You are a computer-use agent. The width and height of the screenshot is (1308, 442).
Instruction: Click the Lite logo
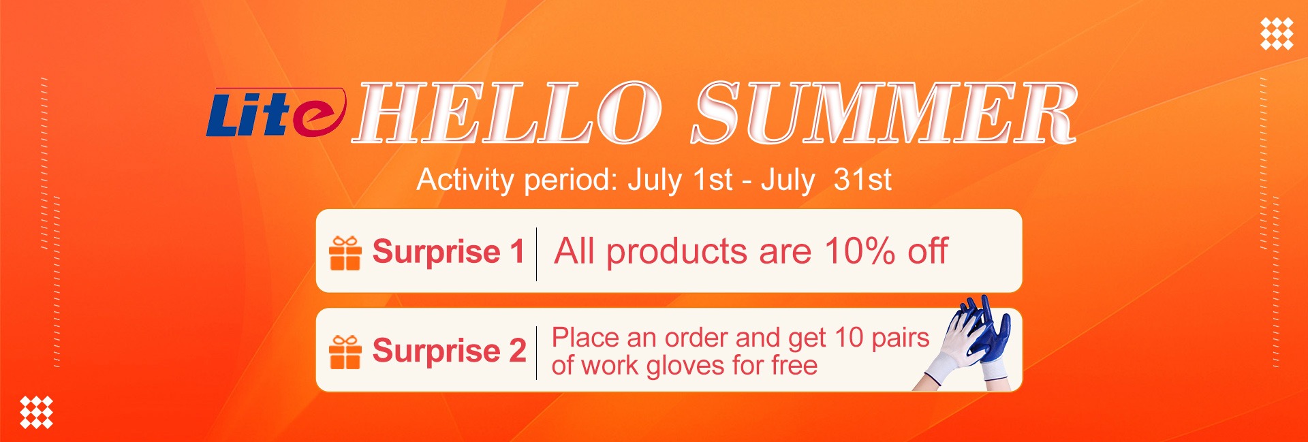coord(276,112)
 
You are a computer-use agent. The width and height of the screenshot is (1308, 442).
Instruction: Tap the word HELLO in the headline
coord(508,112)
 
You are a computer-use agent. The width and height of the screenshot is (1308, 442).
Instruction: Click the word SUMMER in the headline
coord(884,112)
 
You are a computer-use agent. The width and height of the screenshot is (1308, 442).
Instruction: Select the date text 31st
coord(862,180)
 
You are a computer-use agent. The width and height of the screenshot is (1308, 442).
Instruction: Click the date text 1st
coord(713,180)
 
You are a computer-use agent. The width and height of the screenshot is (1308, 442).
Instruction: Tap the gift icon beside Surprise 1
coord(345,253)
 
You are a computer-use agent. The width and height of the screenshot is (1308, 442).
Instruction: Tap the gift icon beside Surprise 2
coord(345,351)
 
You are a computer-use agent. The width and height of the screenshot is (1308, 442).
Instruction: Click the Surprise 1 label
coord(448,251)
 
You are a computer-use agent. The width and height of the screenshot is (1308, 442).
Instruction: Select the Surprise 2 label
coord(449,351)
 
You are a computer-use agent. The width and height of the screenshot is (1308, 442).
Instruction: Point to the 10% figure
coord(860,251)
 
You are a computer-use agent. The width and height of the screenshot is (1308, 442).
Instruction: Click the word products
coord(677,252)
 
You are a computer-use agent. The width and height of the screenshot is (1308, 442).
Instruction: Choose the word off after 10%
coord(927,251)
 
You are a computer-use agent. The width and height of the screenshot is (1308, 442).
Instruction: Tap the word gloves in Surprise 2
coord(685,366)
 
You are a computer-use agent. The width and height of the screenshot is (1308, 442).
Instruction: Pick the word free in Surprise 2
coord(794,365)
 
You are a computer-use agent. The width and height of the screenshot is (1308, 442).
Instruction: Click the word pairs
coord(901,338)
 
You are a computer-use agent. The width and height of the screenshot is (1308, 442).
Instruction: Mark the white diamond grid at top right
coord(1277,34)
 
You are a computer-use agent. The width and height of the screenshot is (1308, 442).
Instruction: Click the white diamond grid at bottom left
coord(36,412)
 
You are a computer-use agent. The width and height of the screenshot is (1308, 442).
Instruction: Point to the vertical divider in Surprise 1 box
coord(537,254)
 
